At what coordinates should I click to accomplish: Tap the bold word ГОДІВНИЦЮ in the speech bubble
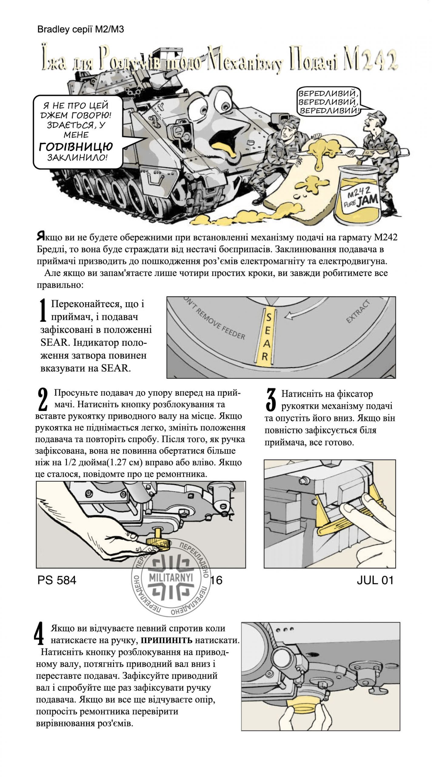[76, 147]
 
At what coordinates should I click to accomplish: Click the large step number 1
[43, 310]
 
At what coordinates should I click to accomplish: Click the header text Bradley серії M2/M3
[80, 29]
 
